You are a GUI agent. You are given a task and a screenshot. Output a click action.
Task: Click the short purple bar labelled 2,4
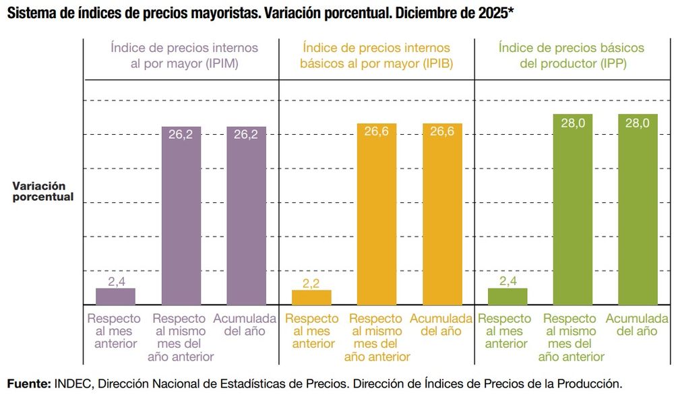[115, 297]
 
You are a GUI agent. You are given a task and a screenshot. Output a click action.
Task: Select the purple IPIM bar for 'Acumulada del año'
[246, 216]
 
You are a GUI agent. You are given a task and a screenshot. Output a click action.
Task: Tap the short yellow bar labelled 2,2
[311, 297]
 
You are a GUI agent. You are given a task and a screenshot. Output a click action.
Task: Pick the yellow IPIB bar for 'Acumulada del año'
[442, 214]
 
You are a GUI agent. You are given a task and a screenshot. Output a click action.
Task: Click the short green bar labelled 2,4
[508, 297]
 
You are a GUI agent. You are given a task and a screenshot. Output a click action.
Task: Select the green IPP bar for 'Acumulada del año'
[638, 210]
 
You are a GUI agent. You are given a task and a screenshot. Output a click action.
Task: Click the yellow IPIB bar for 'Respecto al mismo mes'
[377, 214]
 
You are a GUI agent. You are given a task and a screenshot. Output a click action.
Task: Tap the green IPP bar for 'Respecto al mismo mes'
[572, 210]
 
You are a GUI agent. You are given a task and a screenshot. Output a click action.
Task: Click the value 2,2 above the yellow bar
[311, 284]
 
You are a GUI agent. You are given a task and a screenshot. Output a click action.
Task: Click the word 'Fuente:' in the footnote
[28, 383]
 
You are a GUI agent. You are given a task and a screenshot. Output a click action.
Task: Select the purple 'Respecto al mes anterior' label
[114, 331]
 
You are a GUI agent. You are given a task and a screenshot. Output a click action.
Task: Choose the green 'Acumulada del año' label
[638, 324]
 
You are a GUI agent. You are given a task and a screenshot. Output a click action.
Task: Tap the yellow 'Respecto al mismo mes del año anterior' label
[377, 337]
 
